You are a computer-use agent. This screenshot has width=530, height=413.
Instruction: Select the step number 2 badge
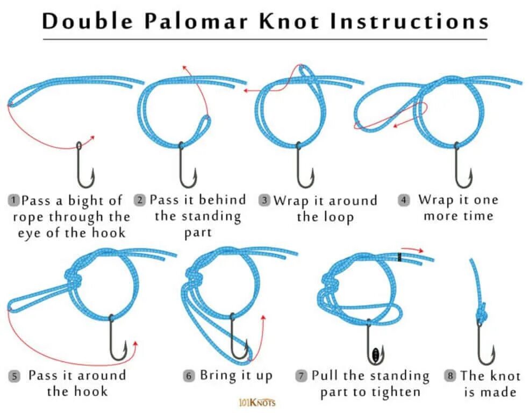coord(140,201)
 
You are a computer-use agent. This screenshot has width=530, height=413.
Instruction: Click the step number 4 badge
coord(404,201)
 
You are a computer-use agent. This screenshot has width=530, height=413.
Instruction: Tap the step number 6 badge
coord(189,376)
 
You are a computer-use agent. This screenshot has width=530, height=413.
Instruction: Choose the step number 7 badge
coord(302,376)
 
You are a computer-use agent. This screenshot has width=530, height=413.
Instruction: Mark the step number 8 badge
coord(450,376)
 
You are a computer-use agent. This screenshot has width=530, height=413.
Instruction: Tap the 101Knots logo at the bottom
coord(256,402)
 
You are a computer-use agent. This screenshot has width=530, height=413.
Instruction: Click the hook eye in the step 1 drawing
coord(79,146)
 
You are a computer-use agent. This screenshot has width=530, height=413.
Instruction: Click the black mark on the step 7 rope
coord(400,258)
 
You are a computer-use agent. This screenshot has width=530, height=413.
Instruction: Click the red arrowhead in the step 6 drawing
coord(263,317)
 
